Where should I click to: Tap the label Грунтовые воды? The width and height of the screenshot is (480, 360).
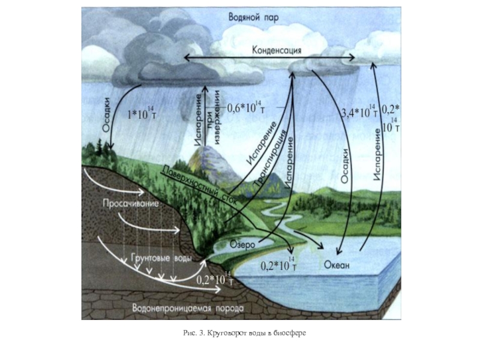[x=162, y=259]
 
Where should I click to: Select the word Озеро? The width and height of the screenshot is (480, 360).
[x=243, y=245]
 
